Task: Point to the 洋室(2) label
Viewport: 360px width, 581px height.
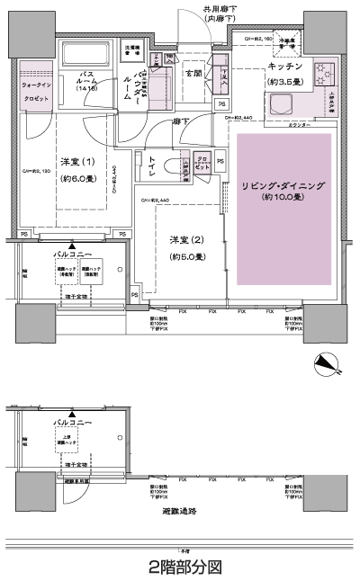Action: [x=185, y=240]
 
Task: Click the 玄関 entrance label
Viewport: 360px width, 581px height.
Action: [x=193, y=74]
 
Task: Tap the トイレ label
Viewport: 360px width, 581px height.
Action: [x=150, y=165]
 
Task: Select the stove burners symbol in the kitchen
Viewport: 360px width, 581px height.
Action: [x=320, y=72]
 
